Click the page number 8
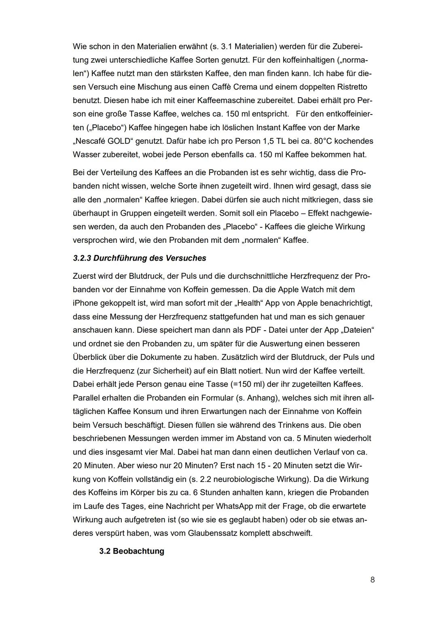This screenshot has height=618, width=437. click(372, 580)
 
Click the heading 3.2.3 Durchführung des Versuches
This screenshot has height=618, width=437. click(139, 258)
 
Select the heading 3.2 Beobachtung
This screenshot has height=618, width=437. click(132, 551)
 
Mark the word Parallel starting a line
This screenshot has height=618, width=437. click(86, 398)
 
